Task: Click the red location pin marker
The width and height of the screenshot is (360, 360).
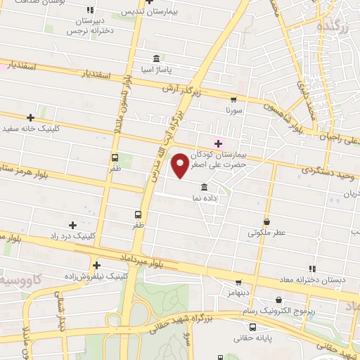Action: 181,165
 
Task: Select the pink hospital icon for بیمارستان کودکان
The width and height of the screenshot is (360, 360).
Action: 219,143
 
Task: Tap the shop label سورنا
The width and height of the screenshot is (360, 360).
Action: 233,110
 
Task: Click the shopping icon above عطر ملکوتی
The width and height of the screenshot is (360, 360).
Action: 266,221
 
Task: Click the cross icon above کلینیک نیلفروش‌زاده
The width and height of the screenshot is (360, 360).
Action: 96,265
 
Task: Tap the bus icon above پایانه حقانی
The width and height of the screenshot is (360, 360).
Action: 252,327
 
